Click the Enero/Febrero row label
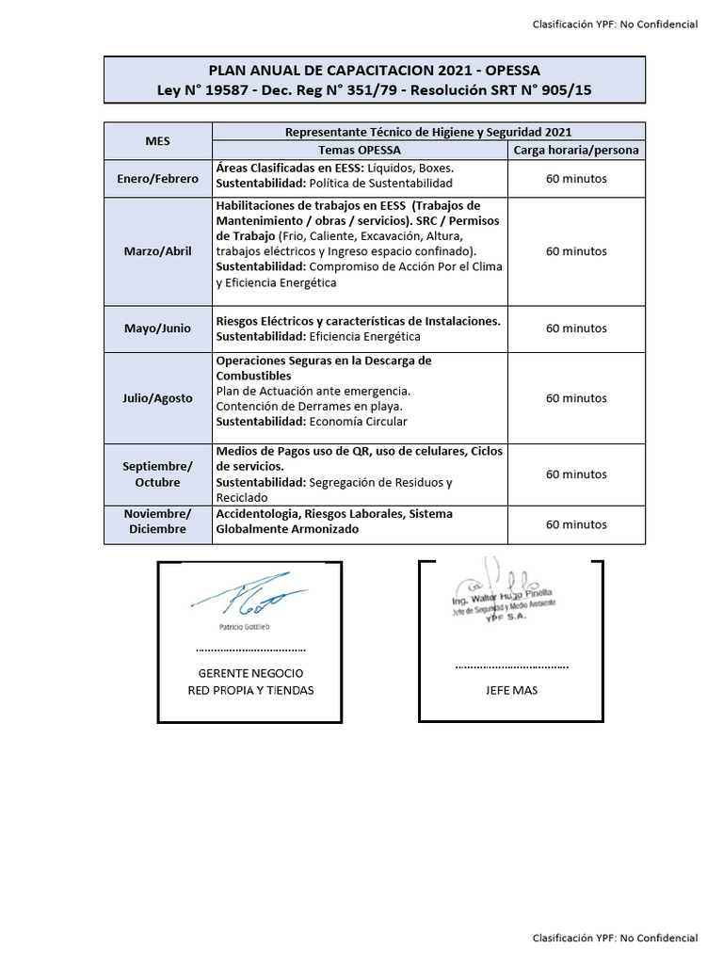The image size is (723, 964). tap(157, 178)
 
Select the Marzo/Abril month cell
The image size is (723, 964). tap(157, 251)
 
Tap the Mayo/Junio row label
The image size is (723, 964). tap(157, 329)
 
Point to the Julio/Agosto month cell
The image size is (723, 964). tap(157, 398)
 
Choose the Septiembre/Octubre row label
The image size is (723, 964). tap(157, 474)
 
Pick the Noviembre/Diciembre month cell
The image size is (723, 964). tap(157, 522)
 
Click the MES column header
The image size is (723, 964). tap(157, 141)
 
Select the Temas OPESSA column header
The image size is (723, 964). tap(360, 151)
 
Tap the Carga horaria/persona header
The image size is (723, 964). tap(576, 151)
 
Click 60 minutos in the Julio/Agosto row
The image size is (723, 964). tap(576, 398)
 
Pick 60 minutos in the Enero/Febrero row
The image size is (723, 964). tap(576, 178)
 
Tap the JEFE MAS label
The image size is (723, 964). tap(512, 690)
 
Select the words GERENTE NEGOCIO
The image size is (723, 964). tap(250, 674)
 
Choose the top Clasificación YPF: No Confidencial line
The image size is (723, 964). tap(615, 24)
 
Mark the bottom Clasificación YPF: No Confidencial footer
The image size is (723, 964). tap(615, 938)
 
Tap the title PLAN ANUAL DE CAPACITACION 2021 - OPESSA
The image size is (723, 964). tap(374, 71)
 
